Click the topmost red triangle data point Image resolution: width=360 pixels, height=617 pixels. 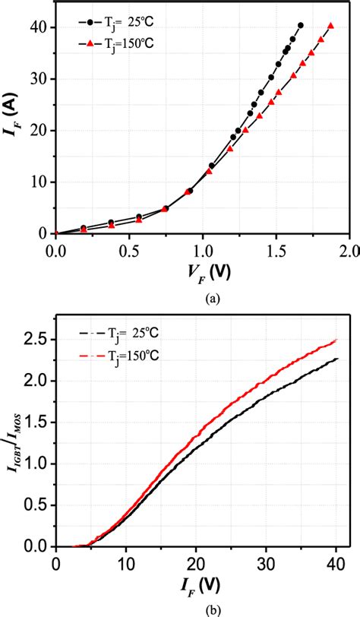tap(330, 26)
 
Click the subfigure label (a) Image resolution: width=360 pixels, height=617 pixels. tap(201, 299)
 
